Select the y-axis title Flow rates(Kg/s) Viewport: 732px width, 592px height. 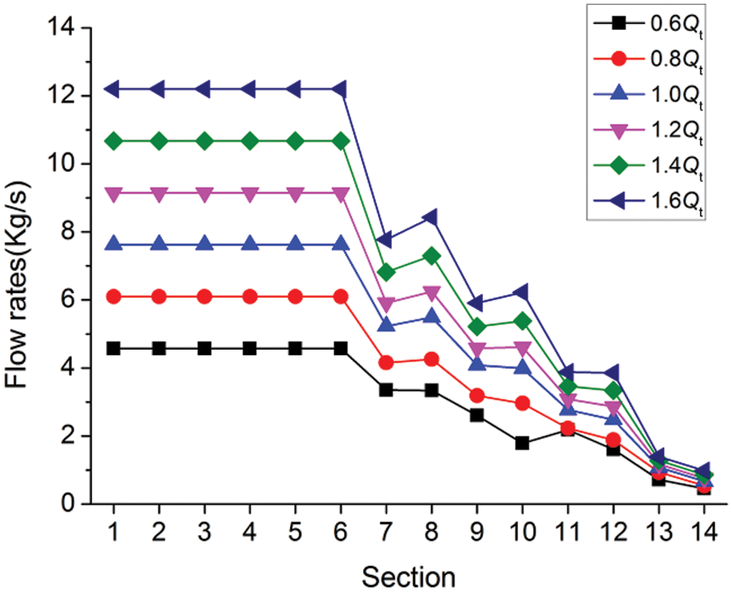pyautogui.click(x=20, y=267)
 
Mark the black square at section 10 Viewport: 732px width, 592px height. pyautogui.click(x=522, y=443)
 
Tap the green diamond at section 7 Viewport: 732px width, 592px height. pyautogui.click(x=386, y=273)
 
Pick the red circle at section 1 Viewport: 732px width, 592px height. pyautogui.click(x=113, y=296)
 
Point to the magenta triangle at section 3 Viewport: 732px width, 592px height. pyautogui.click(x=204, y=194)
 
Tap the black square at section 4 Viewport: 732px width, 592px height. pyautogui.click(x=250, y=348)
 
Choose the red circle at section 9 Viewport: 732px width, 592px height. pyautogui.click(x=477, y=396)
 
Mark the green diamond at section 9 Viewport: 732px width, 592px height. pyautogui.click(x=477, y=326)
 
